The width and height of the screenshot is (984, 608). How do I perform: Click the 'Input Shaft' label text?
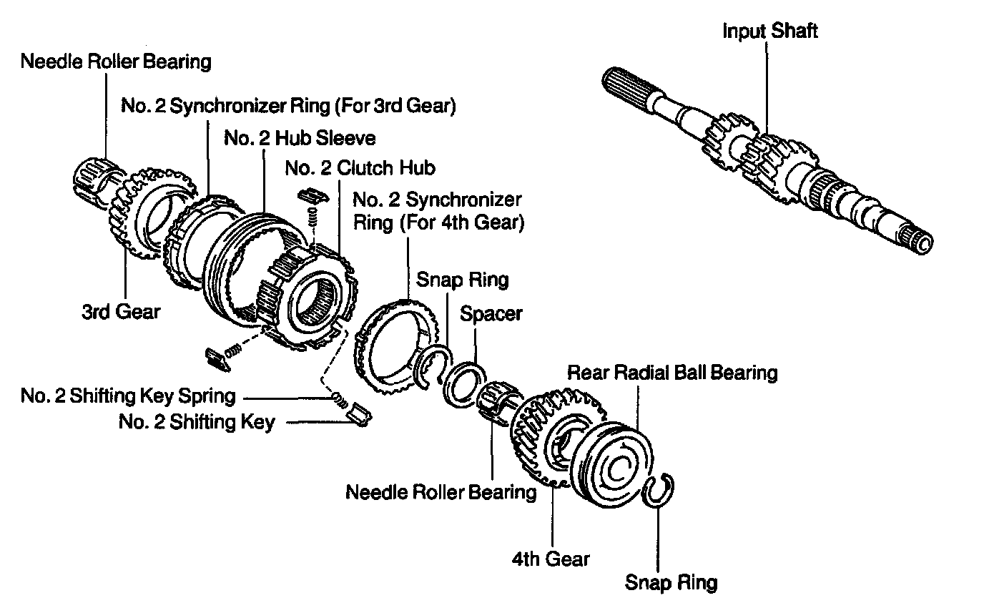[769, 31]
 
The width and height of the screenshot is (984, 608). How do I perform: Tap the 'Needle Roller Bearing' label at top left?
[116, 62]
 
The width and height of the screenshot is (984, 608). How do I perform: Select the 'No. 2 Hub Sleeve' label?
[300, 137]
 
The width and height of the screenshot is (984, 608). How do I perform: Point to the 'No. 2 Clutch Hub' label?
[360, 168]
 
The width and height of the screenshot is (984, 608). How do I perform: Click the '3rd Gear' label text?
[121, 312]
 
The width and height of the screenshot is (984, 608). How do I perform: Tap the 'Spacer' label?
[491, 313]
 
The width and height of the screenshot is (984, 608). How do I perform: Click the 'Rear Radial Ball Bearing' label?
[671, 372]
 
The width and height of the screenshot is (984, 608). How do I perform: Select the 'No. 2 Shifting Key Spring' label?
[127, 396]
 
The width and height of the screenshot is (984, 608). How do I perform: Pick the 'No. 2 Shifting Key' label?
[196, 422]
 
